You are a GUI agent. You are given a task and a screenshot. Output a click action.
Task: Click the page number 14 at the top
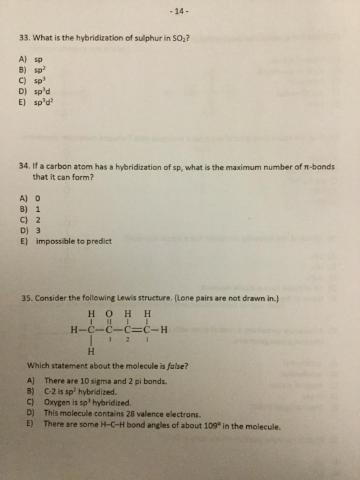click(181, 12)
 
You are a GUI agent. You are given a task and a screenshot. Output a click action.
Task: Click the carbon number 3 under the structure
click(108, 338)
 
